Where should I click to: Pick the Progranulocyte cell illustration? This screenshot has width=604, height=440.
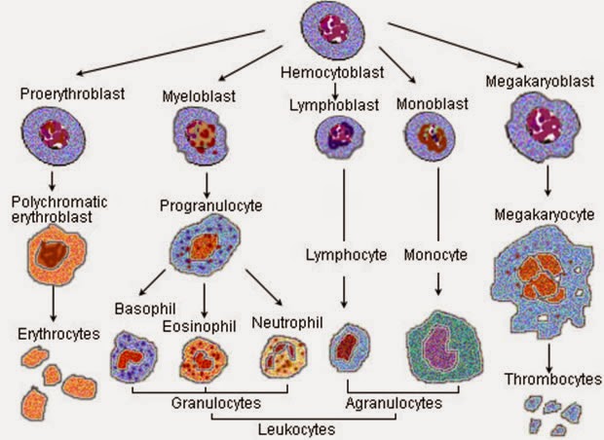pos(206,246)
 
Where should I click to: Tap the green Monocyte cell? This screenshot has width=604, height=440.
pos(443,348)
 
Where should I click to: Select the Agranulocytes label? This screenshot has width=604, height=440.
pos(395,402)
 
